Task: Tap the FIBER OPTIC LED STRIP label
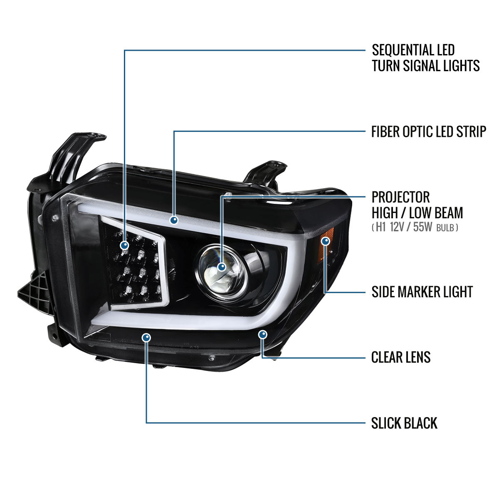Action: click(429, 131)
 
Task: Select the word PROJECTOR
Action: click(401, 198)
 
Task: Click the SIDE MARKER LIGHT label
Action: click(422, 292)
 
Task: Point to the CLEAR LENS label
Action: click(401, 357)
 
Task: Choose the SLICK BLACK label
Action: click(404, 423)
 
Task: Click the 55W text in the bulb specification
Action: click(422, 227)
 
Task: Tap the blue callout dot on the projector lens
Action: click(222, 267)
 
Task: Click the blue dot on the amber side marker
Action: click(326, 241)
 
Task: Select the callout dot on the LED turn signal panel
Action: click(125, 245)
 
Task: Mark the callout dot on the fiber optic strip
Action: click(174, 220)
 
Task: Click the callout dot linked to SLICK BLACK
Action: click(146, 337)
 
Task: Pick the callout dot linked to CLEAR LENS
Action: click(262, 335)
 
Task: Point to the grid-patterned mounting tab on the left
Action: click(35, 294)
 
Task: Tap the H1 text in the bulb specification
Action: click(381, 227)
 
